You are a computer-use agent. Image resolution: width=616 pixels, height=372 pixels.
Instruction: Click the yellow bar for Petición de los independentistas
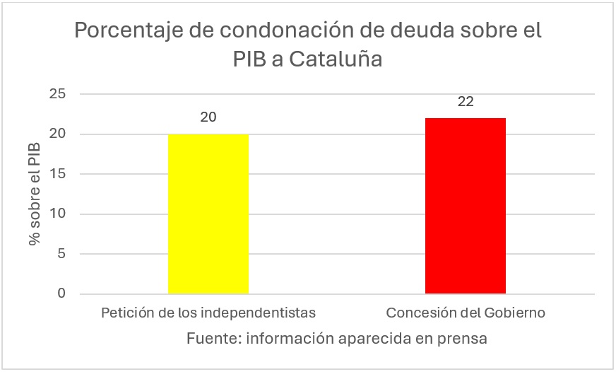(x=208, y=214)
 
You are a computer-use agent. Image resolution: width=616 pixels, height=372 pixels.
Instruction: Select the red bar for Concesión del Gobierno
(x=466, y=206)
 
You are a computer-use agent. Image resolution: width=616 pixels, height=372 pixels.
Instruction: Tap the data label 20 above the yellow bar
(x=208, y=117)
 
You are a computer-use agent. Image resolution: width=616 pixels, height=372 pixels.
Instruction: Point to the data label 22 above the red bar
(x=466, y=101)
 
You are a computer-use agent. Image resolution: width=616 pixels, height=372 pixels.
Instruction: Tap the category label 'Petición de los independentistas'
(x=208, y=313)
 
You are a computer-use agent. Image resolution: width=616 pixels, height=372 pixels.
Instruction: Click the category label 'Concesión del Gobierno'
(x=466, y=313)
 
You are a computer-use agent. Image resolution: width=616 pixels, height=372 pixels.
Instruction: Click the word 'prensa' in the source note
(x=463, y=338)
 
